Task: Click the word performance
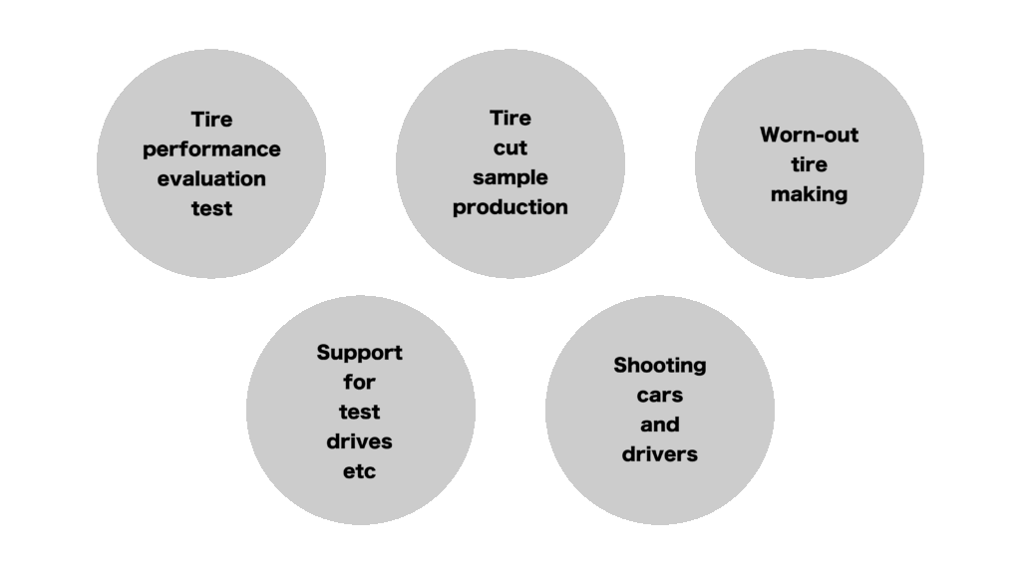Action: pyautogui.click(x=211, y=150)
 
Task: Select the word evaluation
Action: pyautogui.click(x=211, y=179)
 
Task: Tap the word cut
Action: pyautogui.click(x=510, y=148)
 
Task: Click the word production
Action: pyautogui.click(x=510, y=208)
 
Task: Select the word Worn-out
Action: pyautogui.click(x=810, y=135)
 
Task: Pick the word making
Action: pyautogui.click(x=810, y=195)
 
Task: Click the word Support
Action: pyautogui.click(x=359, y=354)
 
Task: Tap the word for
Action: pyautogui.click(x=359, y=382)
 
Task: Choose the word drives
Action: pyautogui.click(x=359, y=441)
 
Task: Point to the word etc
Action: pyautogui.click(x=359, y=471)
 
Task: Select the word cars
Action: pyautogui.click(x=660, y=396)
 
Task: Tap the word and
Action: pyautogui.click(x=660, y=425)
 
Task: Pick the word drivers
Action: pyautogui.click(x=660, y=454)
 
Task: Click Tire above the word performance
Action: pyautogui.click(x=211, y=120)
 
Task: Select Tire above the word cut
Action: pyautogui.click(x=510, y=119)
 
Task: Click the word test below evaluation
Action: pyautogui.click(x=211, y=209)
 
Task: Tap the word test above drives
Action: pyautogui.click(x=359, y=412)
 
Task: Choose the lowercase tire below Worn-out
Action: pyautogui.click(x=810, y=164)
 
